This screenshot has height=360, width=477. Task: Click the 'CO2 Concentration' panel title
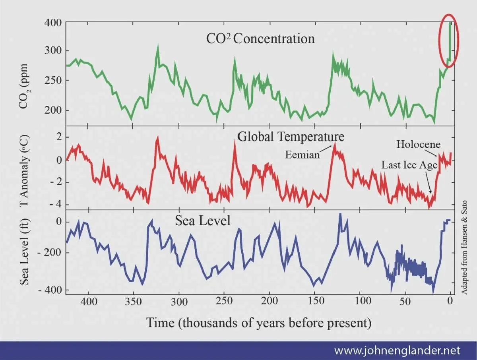click(x=260, y=39)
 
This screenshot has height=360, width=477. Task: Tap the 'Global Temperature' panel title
click(x=291, y=136)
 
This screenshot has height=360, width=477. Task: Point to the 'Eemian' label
click(x=302, y=155)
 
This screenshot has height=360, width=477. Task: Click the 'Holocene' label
click(x=419, y=144)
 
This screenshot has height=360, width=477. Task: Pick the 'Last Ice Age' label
click(x=409, y=165)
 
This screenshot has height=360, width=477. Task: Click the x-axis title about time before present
click(x=259, y=322)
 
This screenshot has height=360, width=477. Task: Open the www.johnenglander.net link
click(x=397, y=351)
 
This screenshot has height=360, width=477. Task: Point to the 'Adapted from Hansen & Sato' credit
click(x=464, y=246)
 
